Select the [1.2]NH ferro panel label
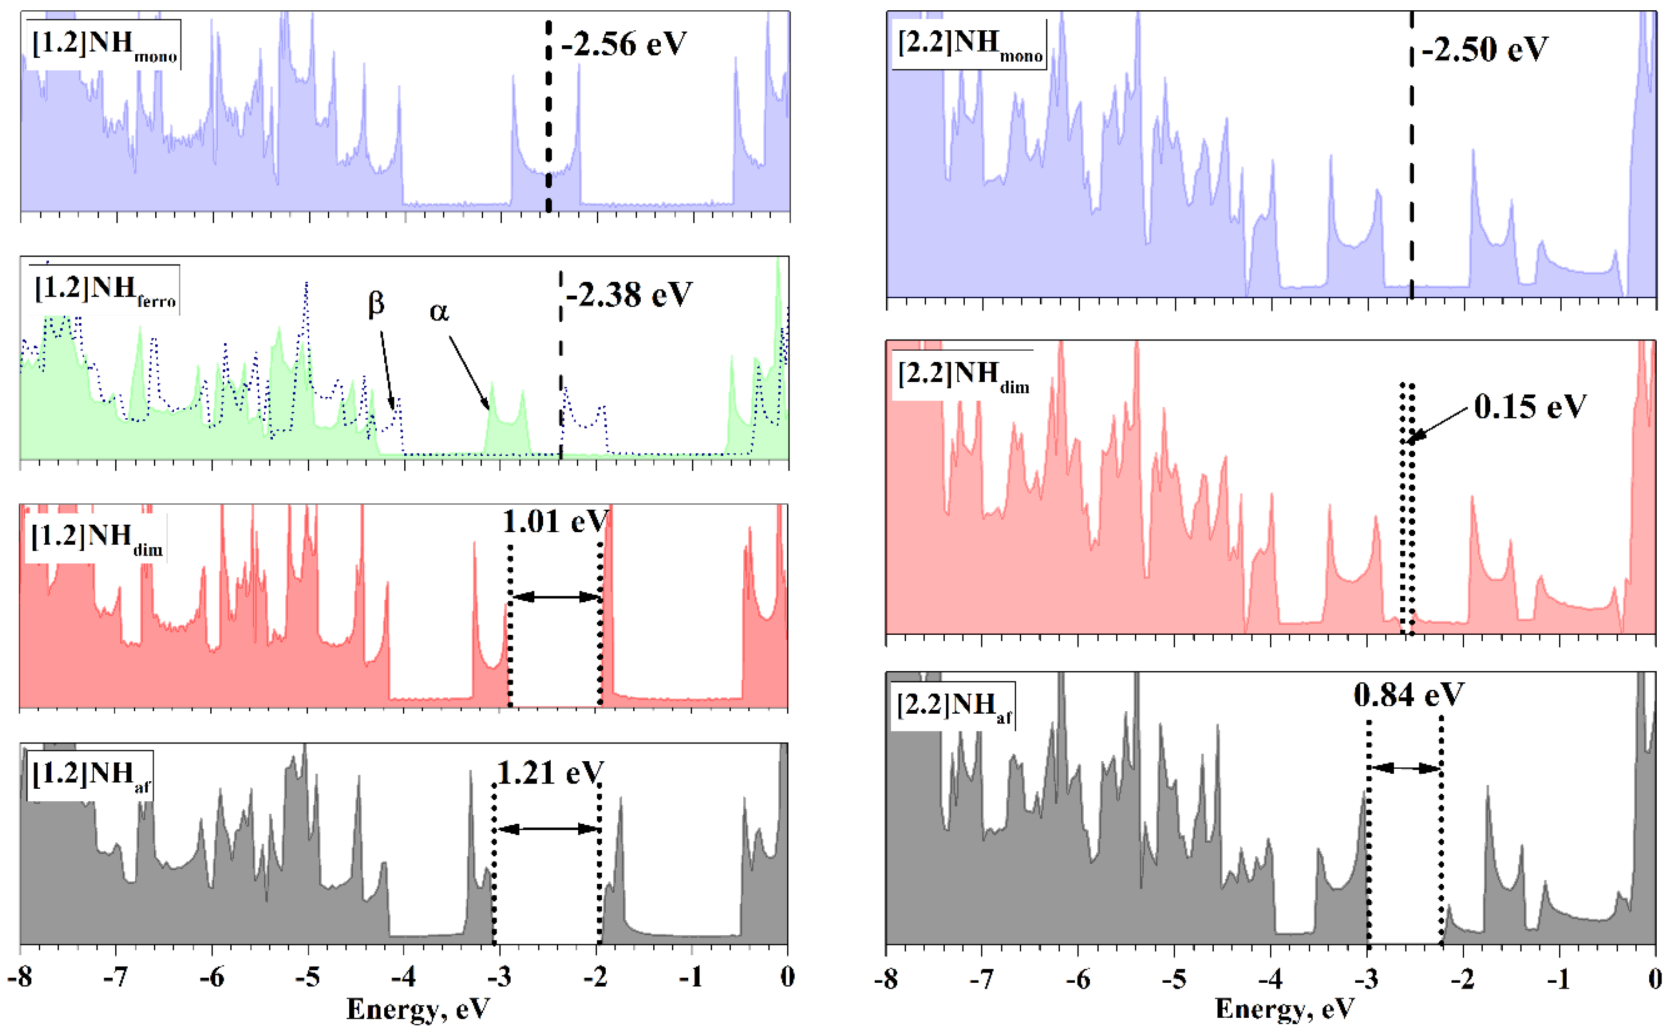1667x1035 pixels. pyautogui.click(x=105, y=290)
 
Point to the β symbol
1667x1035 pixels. pyautogui.click(x=376, y=303)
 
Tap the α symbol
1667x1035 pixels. pyautogui.click(x=439, y=312)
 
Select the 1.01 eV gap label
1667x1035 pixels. pyautogui.click(x=555, y=521)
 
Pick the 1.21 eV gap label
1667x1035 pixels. pyautogui.click(x=549, y=773)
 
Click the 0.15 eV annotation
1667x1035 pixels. pyautogui.click(x=1529, y=407)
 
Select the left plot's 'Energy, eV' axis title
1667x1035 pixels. pyautogui.click(x=418, y=1009)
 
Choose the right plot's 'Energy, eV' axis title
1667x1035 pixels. pyautogui.click(x=1285, y=1009)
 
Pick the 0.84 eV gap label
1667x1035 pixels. pyautogui.click(x=1408, y=695)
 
